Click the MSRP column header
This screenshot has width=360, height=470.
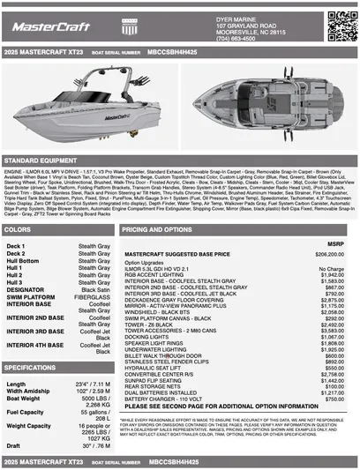(x=335, y=244)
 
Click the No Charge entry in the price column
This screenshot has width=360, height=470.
(x=330, y=268)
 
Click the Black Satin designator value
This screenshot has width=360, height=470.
(x=95, y=288)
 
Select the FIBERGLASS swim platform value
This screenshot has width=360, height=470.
(x=93, y=296)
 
